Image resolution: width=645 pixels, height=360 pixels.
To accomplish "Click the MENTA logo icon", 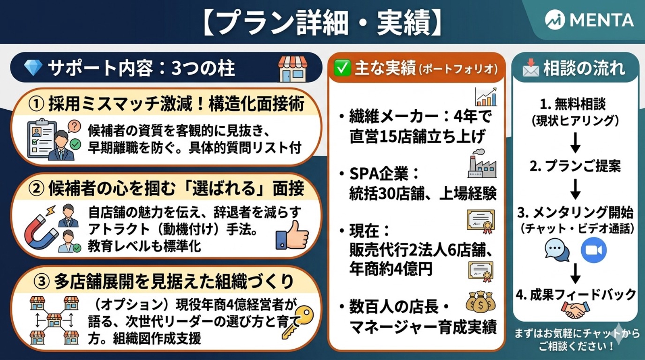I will [x=555, y=20].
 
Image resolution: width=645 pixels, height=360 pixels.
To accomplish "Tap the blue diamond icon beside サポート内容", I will [x=33, y=68].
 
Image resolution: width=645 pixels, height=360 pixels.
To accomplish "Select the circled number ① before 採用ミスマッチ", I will [x=36, y=104].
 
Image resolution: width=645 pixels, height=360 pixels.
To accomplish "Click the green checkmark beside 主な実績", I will [x=342, y=68].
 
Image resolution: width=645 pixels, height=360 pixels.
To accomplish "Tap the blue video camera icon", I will [x=593, y=250].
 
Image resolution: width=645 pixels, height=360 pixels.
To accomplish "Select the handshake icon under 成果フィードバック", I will [x=575, y=310].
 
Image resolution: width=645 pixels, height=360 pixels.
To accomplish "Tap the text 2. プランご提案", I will [x=575, y=166].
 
